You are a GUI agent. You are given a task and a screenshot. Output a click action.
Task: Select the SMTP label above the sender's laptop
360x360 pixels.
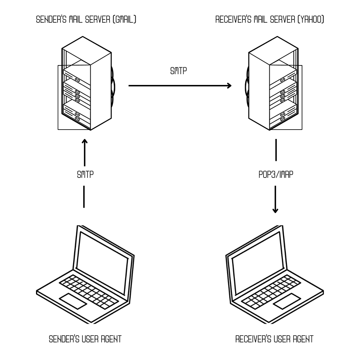pos(85,174)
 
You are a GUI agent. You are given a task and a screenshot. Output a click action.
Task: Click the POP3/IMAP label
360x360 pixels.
pos(275,174)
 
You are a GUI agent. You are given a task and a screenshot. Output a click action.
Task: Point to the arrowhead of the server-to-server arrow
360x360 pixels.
pos(229,86)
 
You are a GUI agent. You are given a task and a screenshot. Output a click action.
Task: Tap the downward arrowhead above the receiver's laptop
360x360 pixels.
pos(275,210)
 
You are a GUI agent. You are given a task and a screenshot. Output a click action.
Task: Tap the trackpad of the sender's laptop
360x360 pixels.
pos(73,301)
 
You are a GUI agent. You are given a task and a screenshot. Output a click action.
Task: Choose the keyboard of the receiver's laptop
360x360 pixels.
pos(270,290)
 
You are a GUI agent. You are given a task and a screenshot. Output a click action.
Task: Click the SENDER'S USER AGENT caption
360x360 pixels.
pos(85,339)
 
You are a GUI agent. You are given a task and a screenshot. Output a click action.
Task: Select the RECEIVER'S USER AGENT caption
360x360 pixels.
pos(274,339)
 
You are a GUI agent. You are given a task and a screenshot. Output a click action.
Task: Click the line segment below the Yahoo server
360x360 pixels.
pos(276,150)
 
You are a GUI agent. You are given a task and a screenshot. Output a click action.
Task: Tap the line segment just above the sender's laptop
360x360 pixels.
pos(84,197)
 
